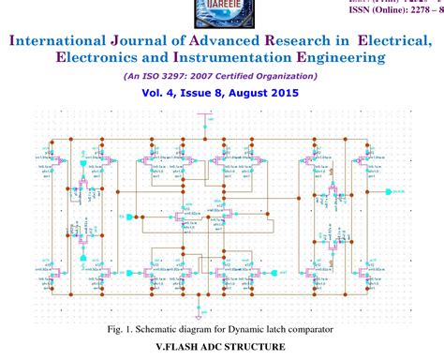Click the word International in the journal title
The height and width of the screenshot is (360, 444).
pyautogui.click(x=66, y=39)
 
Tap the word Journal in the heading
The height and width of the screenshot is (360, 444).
pyautogui.click(x=163, y=39)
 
